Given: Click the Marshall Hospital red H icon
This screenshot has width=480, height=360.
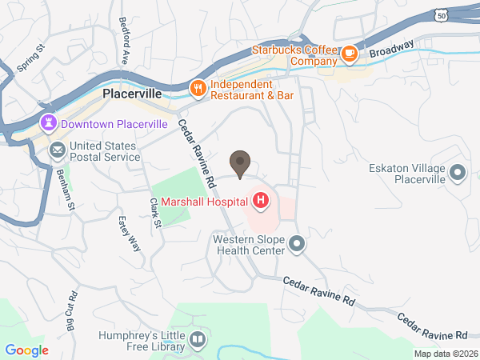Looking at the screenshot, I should (261, 198).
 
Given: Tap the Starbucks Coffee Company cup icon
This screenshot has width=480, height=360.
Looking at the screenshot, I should (349, 54).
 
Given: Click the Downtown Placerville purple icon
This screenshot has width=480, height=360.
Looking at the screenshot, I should (50, 123).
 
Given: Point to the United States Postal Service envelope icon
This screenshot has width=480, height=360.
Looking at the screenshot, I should (58, 150).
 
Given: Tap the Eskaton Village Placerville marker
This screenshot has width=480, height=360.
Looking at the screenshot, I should (458, 171).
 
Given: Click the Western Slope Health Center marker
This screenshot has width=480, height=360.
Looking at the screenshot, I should (297, 242).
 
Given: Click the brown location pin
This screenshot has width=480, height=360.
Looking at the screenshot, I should (240, 162).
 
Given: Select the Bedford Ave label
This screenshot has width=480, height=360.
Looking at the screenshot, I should (123, 40).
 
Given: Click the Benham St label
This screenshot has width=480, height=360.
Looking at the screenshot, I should (65, 190).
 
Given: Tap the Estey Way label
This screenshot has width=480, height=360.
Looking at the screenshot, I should (130, 233).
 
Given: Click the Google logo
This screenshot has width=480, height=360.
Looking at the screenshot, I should (27, 350).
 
